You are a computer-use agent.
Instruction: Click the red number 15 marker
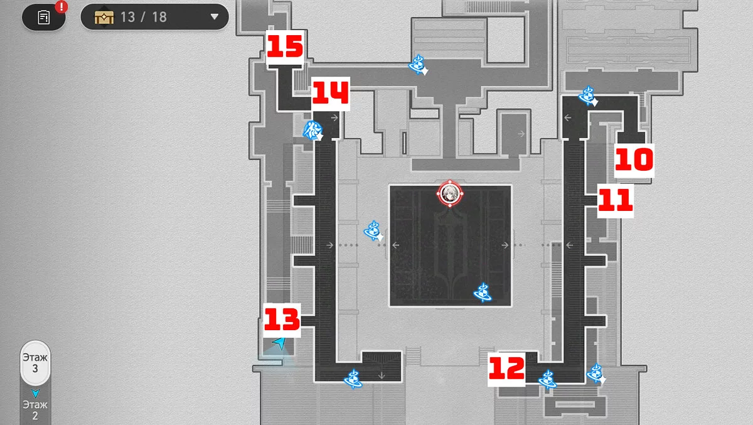pos(285,47)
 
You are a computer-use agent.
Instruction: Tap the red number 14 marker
pos(330,94)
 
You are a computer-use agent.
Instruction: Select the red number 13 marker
pos(281,320)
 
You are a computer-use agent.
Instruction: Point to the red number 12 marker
pos(507,368)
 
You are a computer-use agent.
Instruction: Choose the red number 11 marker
pos(615,201)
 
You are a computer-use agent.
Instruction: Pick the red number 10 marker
pos(634,161)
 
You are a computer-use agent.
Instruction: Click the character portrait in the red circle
pos(450,195)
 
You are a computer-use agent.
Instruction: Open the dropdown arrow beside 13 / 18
pos(215,17)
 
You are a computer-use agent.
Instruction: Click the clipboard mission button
pos(44,17)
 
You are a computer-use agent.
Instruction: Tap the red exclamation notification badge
pos(61,7)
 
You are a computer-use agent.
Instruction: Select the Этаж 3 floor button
pos(35,363)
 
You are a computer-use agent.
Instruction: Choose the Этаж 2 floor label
pos(35,409)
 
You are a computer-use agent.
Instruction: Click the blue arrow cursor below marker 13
pos(279,343)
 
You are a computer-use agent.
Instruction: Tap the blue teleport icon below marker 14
pos(312,130)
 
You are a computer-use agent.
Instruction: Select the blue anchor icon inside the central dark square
pos(483,292)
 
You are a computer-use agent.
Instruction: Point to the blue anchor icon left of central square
pos(373,231)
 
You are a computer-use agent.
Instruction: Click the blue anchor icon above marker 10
pos(587,95)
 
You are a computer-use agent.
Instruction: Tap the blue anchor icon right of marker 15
pos(418,64)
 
